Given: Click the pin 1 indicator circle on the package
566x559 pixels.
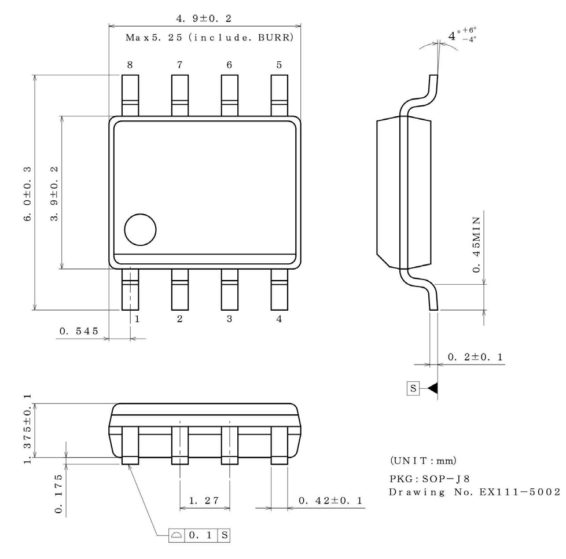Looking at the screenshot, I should coord(141,230).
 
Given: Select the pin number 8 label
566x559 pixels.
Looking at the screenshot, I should coord(130,65).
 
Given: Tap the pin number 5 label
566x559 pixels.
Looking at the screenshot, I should coord(279,65).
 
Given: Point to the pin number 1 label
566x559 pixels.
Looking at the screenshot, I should coord(138,319).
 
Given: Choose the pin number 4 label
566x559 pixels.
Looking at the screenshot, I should coord(279,319).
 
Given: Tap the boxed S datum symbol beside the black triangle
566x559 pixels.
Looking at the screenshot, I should coord(413,389).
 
